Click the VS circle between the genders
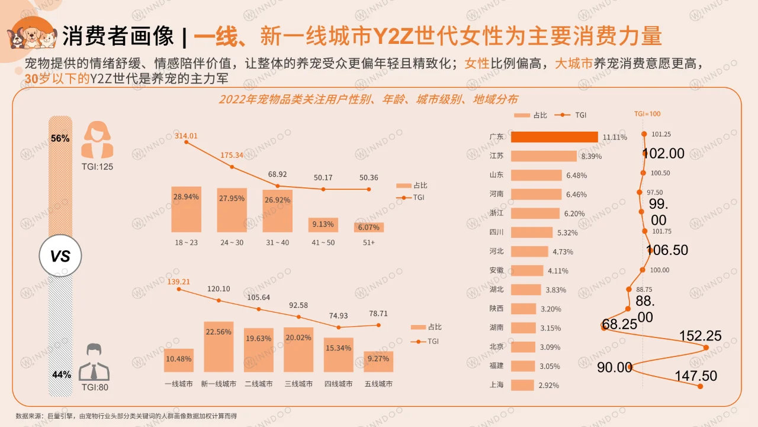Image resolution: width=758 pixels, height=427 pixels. click(60, 256)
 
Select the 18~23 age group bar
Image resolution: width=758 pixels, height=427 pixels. click(186, 209)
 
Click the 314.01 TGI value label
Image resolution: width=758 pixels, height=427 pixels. click(186, 136)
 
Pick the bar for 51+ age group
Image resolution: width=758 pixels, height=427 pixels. click(369, 227)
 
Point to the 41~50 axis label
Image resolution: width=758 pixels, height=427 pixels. click(323, 243)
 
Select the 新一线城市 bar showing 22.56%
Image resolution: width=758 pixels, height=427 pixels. click(219, 347)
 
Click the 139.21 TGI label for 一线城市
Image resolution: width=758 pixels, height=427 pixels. click(178, 281)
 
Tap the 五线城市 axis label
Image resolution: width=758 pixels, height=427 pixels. click(378, 384)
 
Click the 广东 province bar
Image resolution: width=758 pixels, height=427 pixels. click(554, 137)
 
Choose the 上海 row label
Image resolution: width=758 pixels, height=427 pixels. click(496, 385)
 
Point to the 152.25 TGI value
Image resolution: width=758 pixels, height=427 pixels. click(700, 336)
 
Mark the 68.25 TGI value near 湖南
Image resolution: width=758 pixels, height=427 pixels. click(619, 324)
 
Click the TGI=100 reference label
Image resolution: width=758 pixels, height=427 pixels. click(647, 114)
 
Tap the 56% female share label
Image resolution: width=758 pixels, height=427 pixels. click(60, 138)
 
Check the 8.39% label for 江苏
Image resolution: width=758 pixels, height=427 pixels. click(592, 157)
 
